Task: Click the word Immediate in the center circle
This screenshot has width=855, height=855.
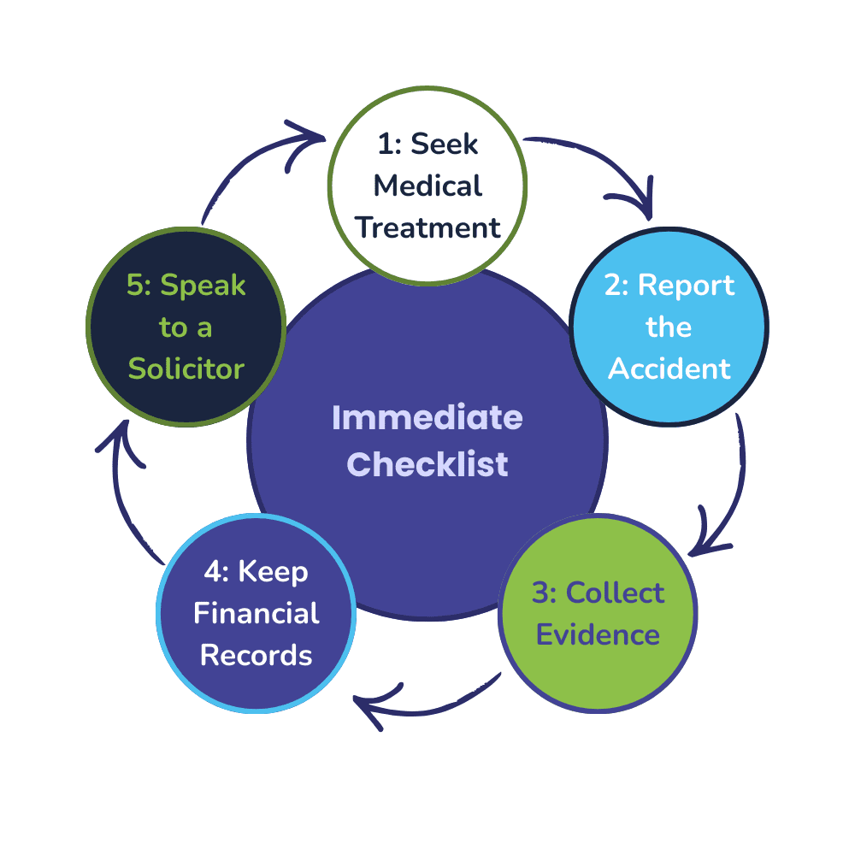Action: click(x=427, y=419)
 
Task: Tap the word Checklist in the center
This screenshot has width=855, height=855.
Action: click(x=427, y=464)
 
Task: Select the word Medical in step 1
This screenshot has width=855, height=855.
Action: click(x=427, y=186)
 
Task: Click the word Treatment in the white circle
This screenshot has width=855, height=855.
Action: click(x=427, y=227)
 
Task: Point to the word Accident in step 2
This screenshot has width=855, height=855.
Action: click(x=669, y=369)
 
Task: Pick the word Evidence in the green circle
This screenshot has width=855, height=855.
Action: click(x=598, y=635)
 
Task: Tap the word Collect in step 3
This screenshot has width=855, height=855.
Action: click(x=615, y=593)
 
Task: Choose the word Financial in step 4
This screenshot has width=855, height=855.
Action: click(x=256, y=613)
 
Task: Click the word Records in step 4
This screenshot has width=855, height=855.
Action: click(x=256, y=656)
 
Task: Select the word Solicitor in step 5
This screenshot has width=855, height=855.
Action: click(x=186, y=369)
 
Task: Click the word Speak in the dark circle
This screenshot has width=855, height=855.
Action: click(x=203, y=286)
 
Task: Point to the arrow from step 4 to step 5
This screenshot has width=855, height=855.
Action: click(x=124, y=496)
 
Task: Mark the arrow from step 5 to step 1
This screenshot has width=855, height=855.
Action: click(x=256, y=162)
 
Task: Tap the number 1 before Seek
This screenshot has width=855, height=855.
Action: click(x=385, y=144)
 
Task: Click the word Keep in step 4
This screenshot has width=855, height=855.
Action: click(x=273, y=571)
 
